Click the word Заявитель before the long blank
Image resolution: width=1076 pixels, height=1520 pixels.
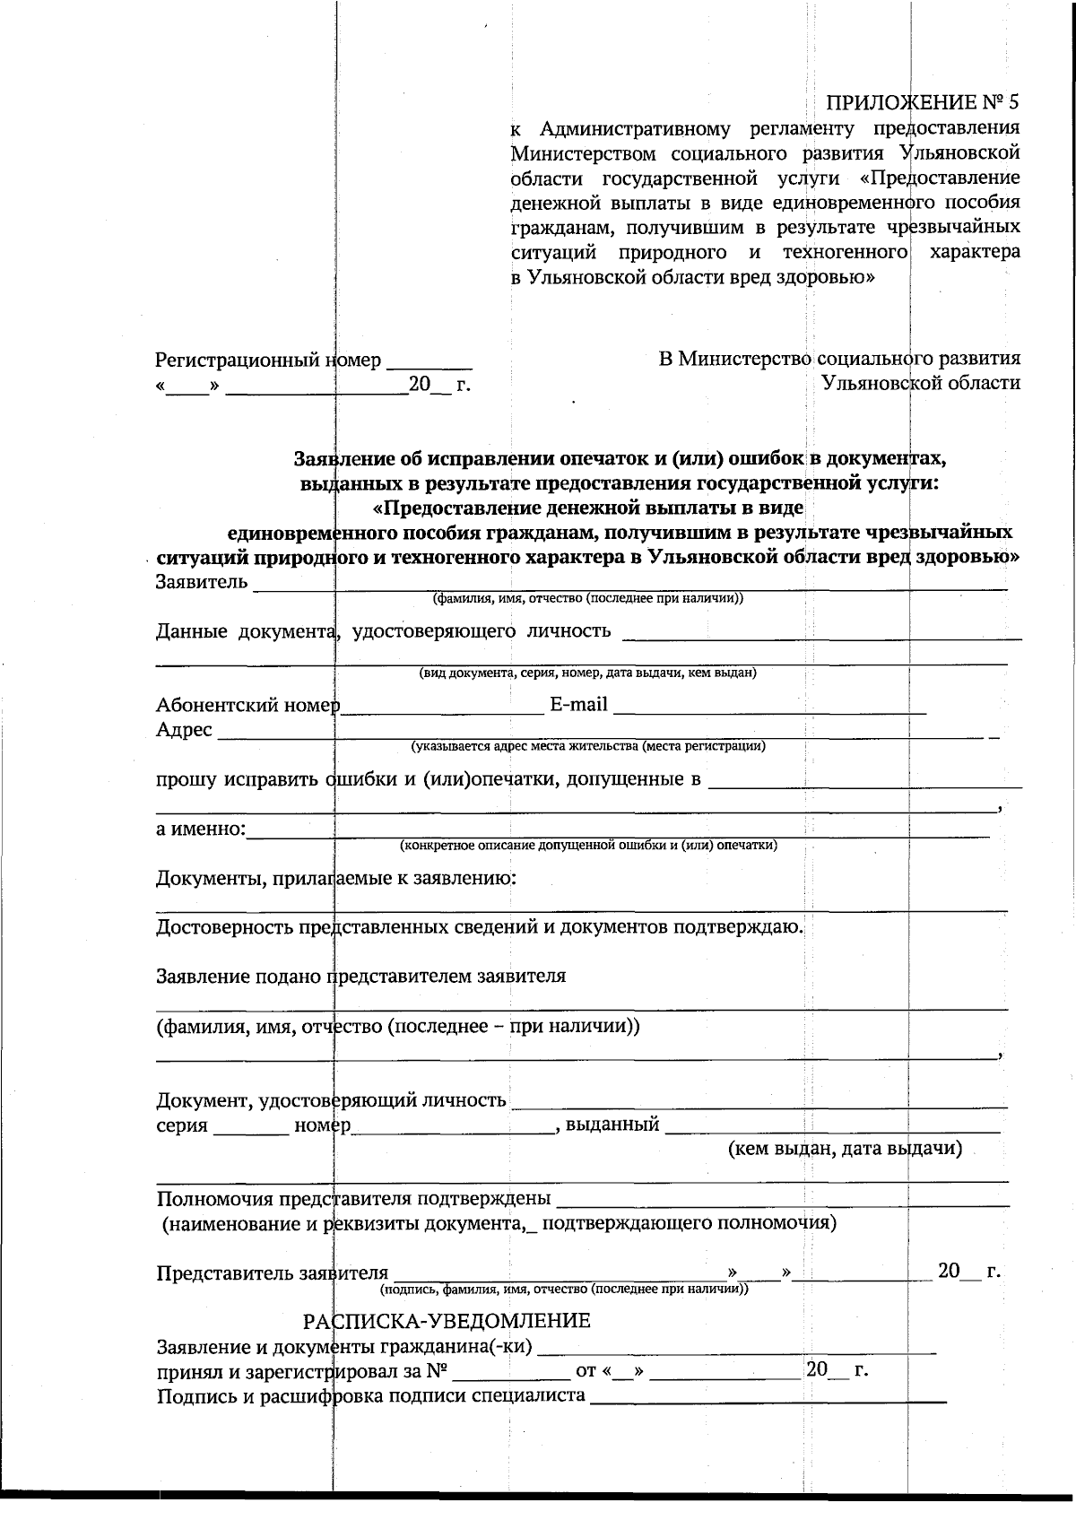coord(201,582)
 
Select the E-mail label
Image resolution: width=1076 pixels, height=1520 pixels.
coord(577,705)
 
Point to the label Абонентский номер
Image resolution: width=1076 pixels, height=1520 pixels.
coord(247,705)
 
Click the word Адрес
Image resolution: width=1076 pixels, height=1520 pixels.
coord(184,730)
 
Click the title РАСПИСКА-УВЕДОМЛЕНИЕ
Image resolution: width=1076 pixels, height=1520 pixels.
coord(447,1321)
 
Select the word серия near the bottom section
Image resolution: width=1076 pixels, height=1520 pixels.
coord(182,1125)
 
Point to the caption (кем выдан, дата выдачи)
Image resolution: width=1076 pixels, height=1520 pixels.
coord(845,1149)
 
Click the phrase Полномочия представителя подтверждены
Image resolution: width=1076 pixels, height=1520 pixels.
coord(353,1199)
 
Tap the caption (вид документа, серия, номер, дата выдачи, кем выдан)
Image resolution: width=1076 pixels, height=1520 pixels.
coord(588,673)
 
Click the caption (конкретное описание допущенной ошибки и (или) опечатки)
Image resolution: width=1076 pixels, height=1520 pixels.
coord(588,845)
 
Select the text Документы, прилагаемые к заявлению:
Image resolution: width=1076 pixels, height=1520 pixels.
coord(336,878)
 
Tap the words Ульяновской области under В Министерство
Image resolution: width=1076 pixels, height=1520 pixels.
coord(922,384)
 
